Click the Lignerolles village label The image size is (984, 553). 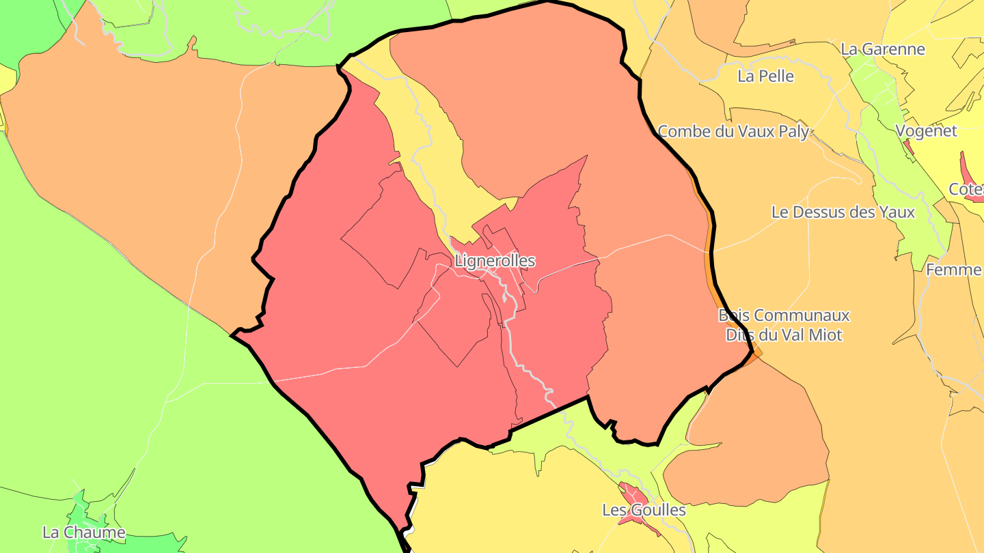495,261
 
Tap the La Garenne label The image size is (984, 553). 882,49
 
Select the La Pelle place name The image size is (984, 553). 765,76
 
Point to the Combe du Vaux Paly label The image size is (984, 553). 733,131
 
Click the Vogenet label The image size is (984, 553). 926,131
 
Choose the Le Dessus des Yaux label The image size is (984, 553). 843,212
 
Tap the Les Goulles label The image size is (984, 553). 644,510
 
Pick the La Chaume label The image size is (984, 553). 83,533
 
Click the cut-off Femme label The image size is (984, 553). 954,270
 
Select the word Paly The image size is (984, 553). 793,131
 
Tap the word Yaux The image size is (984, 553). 897,212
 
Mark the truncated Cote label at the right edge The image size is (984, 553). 966,190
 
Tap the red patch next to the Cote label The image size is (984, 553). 968,168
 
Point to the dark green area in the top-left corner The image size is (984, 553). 27,27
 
